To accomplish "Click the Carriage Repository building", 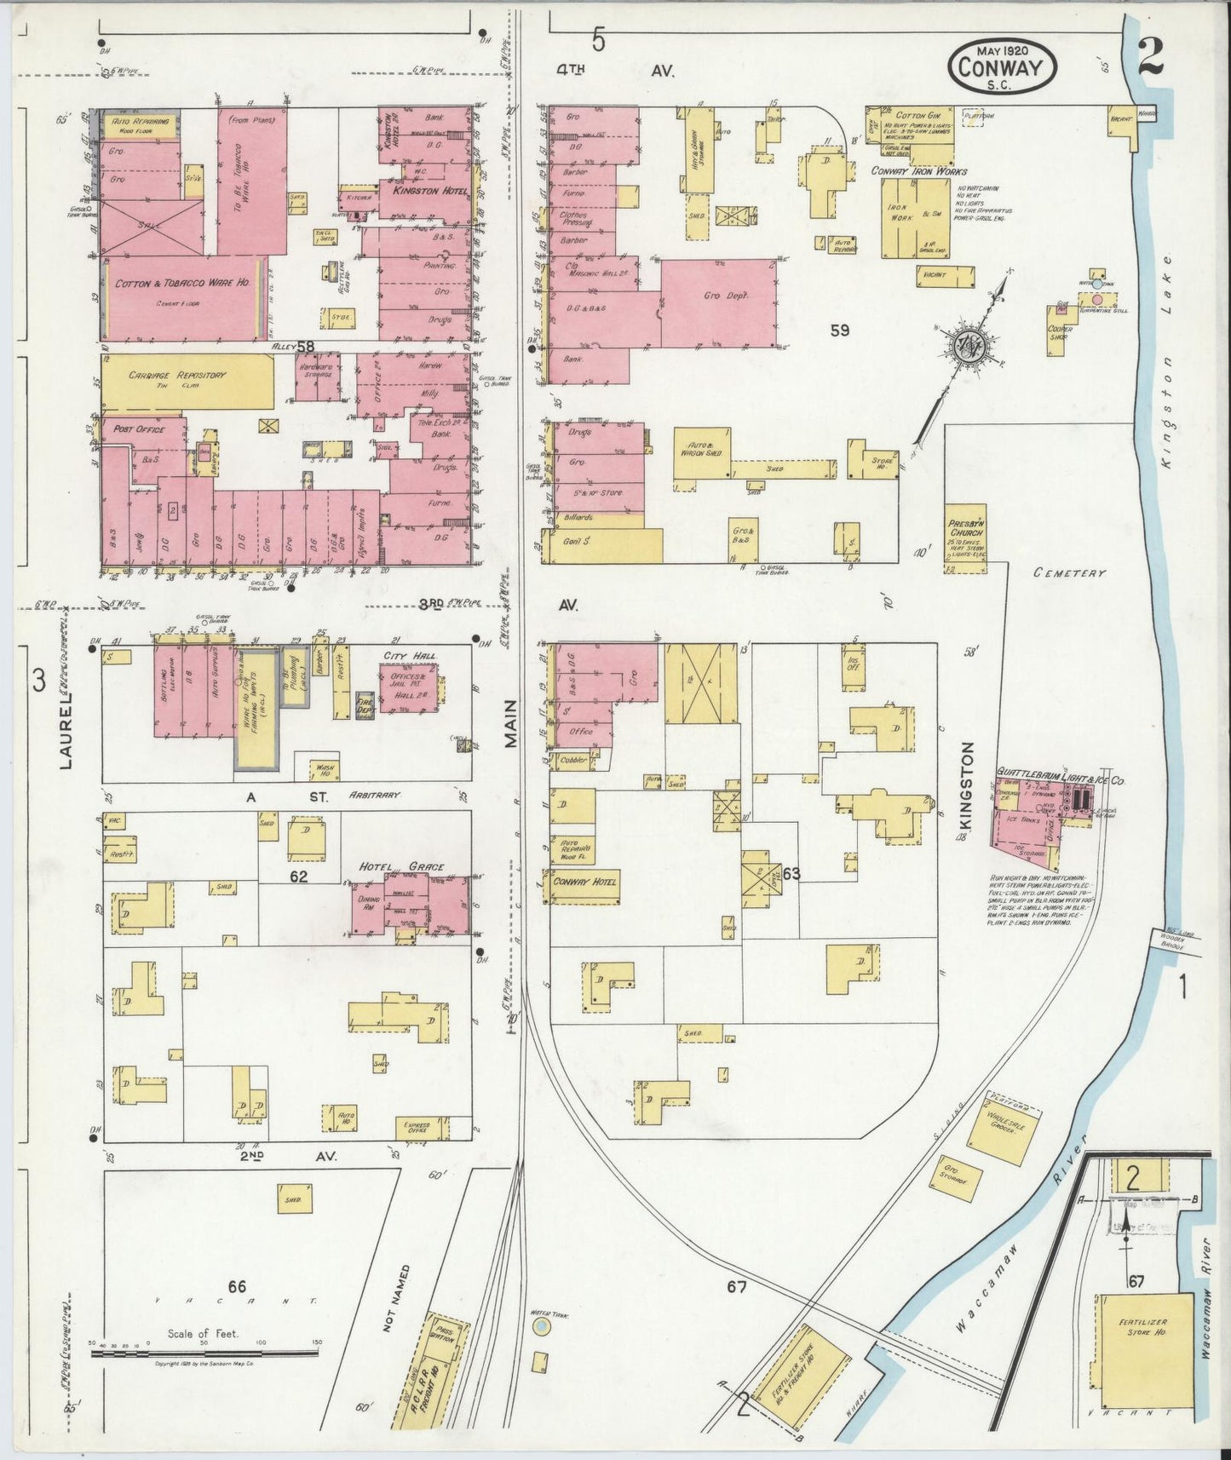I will (187, 382).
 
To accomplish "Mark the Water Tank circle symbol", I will (540, 1328).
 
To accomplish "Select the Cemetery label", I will (1069, 573).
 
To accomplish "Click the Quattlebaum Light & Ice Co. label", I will (1061, 779).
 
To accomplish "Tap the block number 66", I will (236, 1285).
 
